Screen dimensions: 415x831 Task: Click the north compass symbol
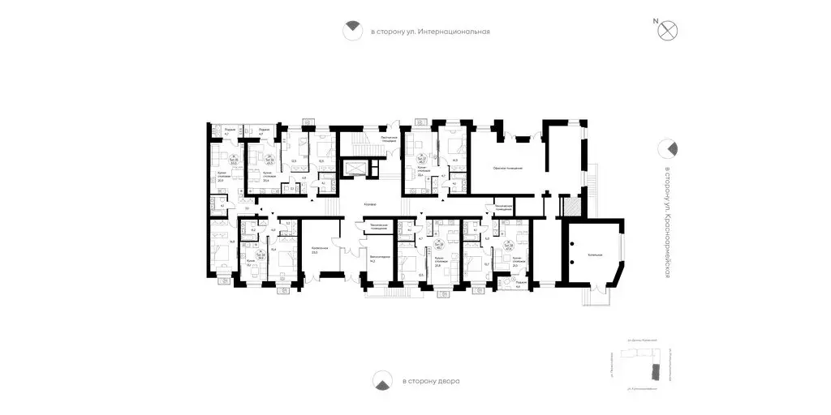668,31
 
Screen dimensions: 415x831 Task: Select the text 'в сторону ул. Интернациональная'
431,32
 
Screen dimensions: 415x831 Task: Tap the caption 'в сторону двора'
430,380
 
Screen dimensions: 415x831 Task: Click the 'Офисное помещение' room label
507,168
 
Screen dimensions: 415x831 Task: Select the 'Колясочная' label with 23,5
320,250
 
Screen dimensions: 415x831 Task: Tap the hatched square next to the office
572,207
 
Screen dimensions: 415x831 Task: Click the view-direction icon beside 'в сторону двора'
381,379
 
